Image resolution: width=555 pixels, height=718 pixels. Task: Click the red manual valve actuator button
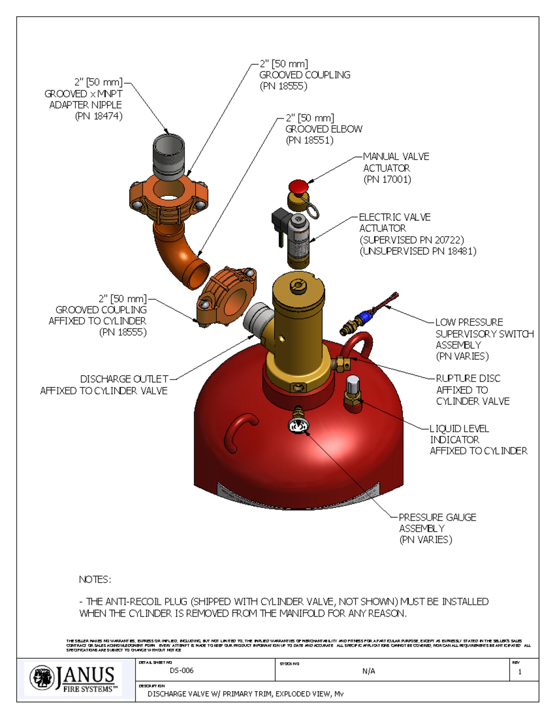coord(298,186)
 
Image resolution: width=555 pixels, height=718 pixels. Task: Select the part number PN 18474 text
coord(99,116)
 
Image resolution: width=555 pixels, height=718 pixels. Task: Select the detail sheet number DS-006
coord(181,670)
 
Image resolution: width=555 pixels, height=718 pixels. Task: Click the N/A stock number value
coord(369,671)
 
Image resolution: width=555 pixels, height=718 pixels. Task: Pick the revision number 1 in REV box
coord(520,672)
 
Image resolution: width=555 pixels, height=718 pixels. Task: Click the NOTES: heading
coord(95,579)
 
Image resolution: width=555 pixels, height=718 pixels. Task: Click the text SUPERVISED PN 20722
coord(412,239)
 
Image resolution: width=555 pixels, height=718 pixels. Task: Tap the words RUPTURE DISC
coord(468,378)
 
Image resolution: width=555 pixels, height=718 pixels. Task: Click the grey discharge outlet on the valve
coord(259,318)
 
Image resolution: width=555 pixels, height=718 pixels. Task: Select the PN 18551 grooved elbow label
coord(309,140)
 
